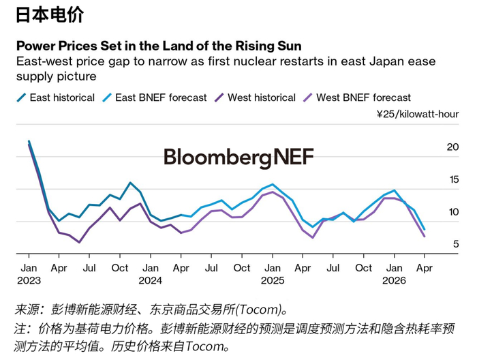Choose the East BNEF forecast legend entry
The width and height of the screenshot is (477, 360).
click(x=161, y=97)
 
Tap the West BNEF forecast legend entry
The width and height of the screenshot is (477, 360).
click(x=363, y=97)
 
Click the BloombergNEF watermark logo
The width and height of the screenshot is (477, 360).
click(x=238, y=158)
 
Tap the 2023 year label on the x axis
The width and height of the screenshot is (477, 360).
click(x=29, y=281)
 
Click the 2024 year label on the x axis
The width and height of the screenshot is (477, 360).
click(x=151, y=281)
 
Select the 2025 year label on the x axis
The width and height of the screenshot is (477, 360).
click(x=273, y=281)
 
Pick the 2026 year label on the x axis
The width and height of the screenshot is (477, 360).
click(x=394, y=281)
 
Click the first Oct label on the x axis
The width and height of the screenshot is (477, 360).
click(x=120, y=268)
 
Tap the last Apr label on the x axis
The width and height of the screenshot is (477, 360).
click(x=425, y=268)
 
